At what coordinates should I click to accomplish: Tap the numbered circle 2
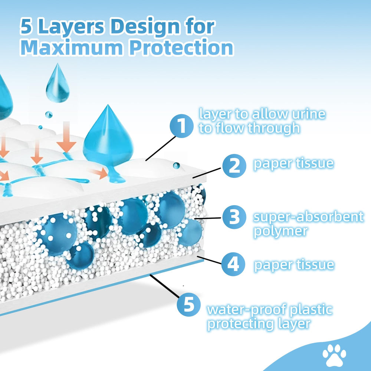coord(234,166)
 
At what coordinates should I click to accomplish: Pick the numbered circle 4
coord(233,265)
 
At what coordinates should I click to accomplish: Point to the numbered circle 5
coord(189,305)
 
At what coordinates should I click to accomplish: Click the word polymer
coord(281,232)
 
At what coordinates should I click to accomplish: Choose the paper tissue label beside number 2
coord(293,164)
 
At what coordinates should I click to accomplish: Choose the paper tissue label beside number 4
coord(294,265)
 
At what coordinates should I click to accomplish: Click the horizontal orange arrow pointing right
coord(99,172)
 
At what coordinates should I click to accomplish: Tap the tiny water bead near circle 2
coord(176,165)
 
